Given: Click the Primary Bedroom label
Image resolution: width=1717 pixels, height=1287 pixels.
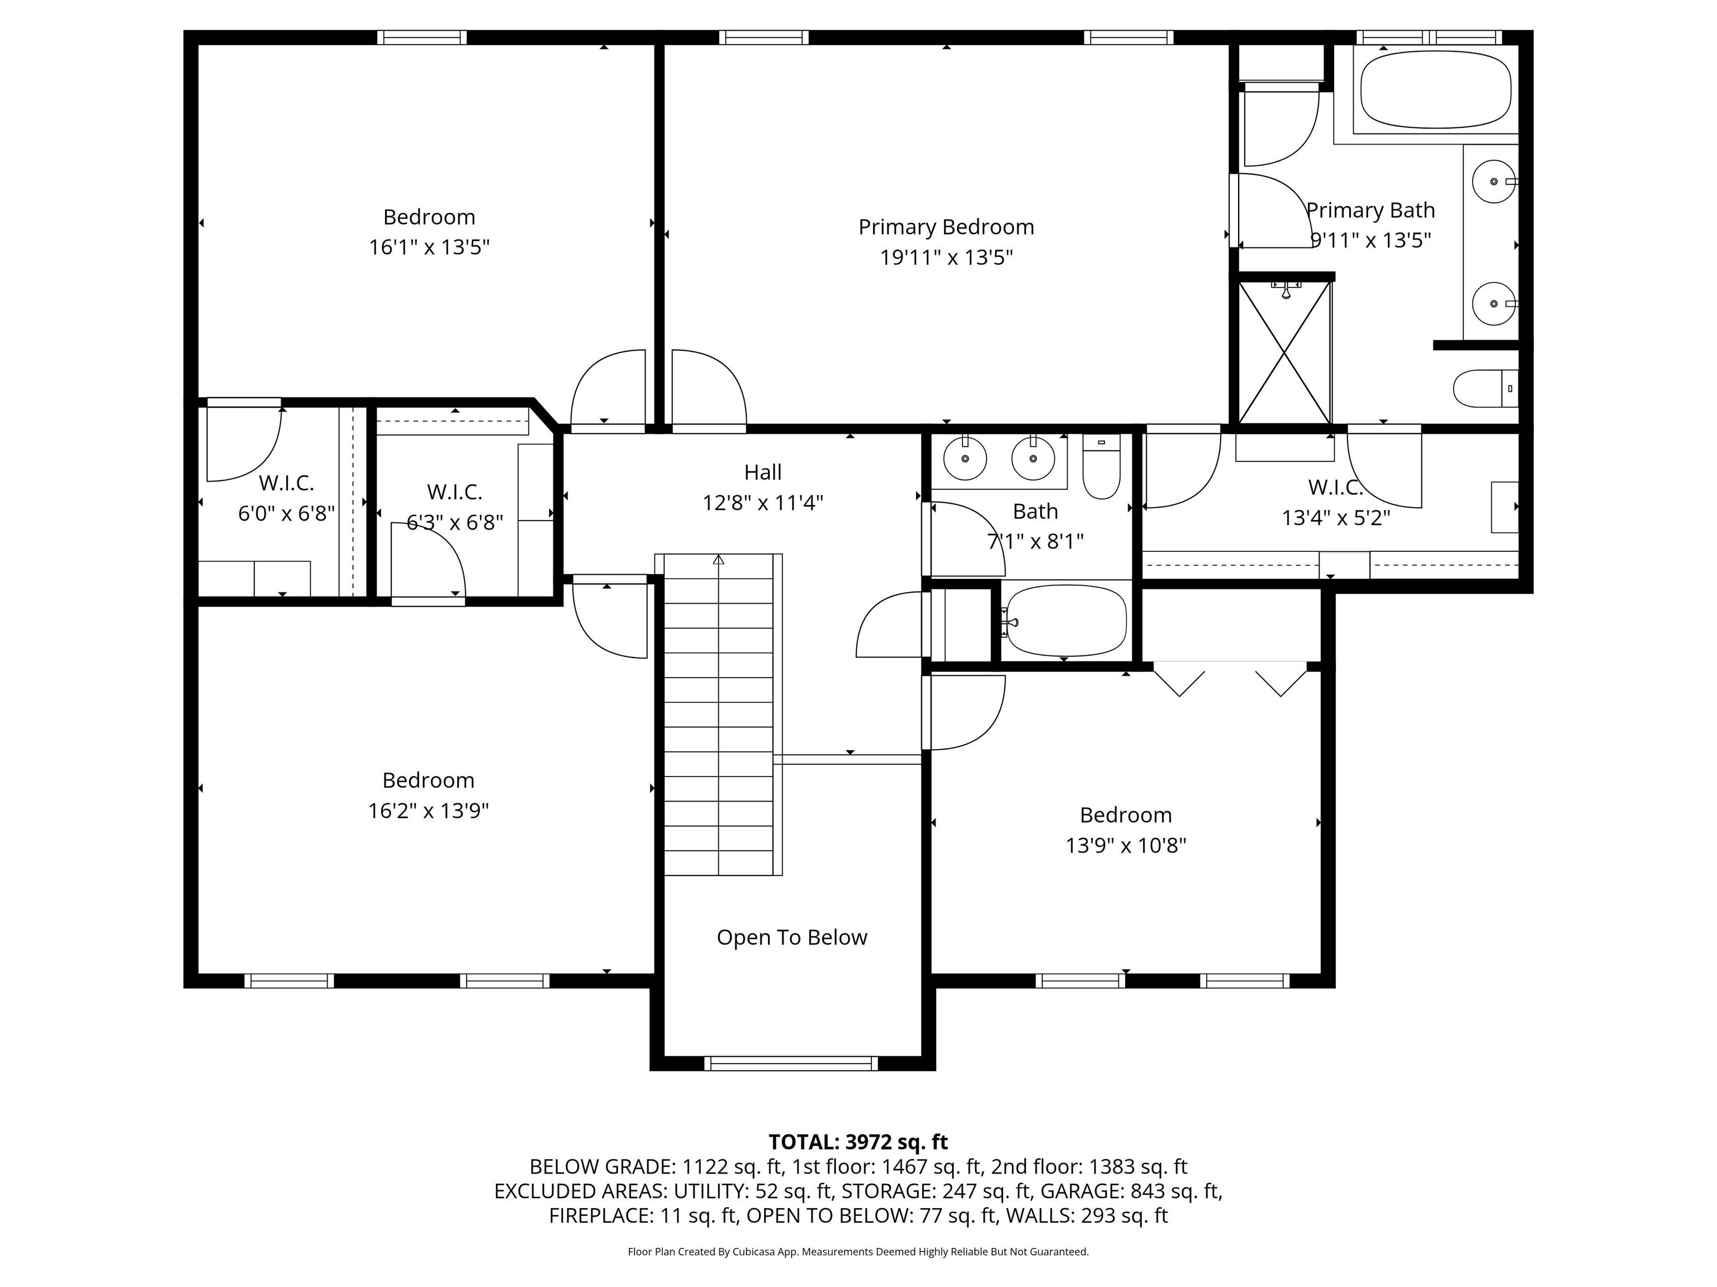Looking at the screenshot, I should pos(946,227).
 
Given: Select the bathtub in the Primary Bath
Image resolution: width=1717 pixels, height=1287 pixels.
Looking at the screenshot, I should pos(1435,90).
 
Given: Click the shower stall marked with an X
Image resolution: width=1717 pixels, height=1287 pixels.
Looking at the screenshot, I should pos(1284,353).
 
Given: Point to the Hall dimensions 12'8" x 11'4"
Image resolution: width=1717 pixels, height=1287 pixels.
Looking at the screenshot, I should pos(762,503).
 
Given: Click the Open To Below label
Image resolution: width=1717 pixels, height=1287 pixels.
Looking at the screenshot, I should pos(791,937).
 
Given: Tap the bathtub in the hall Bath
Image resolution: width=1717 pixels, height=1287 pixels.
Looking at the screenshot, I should pos(1065,621).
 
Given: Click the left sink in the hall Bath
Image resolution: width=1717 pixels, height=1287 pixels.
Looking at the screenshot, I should pos(965,459).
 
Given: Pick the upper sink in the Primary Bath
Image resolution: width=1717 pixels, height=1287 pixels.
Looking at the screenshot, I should pos(1493,181).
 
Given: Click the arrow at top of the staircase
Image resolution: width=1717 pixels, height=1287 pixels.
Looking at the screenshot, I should pos(719,559).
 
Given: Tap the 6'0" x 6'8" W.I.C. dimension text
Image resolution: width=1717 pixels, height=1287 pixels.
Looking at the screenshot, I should pos(286,513).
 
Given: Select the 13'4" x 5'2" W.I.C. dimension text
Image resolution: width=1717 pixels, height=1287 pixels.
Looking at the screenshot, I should pos(1335,517).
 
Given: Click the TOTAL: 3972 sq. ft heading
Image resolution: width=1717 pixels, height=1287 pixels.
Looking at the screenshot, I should pos(858,1142).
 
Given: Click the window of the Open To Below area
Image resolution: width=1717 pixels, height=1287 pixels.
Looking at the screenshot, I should pos(791,1064).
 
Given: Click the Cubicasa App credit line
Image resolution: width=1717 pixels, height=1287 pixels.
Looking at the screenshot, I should pos(858,1251).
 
